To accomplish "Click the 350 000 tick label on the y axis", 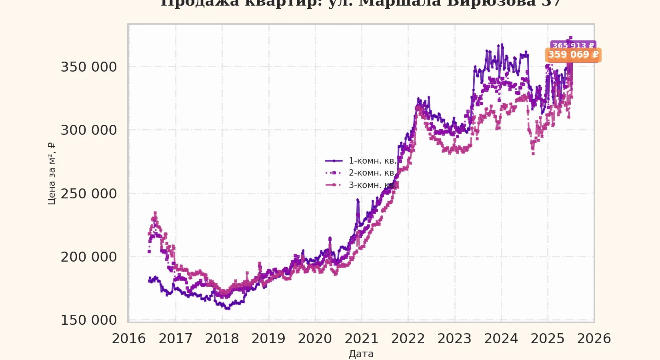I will coord(88,67).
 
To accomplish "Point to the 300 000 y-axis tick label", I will coord(88,130).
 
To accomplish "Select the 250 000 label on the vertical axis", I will coord(88,194).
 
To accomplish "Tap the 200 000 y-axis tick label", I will coord(88,257).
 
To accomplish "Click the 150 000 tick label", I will coord(88,320).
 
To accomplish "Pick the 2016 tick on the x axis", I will coord(129,339).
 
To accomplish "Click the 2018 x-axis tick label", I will coord(222,339).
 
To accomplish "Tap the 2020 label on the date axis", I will coord(315,339).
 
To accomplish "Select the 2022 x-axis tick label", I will coord(408,339).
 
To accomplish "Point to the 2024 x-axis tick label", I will coord(501,339).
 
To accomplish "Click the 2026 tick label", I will coord(594,339).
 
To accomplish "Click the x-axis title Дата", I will coord(361,354).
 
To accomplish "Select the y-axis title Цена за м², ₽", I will coord(52,173).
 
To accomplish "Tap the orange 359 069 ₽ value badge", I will coord(573,55).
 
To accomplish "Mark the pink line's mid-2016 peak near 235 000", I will coord(155,213).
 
